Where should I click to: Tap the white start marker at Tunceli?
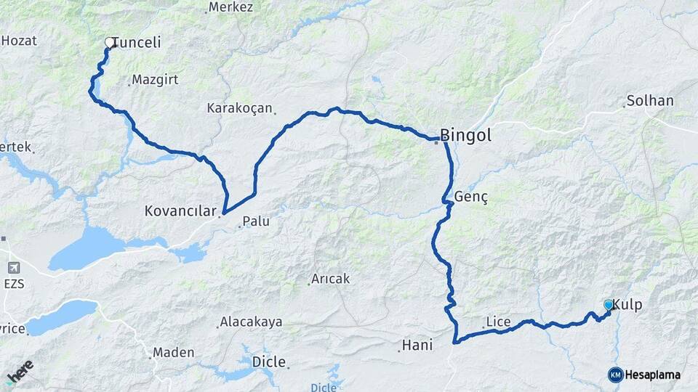(111, 43)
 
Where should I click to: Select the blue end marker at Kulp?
(609, 306)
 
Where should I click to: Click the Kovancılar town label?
(181, 212)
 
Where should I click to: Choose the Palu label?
(255, 221)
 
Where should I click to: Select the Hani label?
(420, 346)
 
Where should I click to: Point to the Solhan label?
(649, 100)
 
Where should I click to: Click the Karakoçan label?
(240, 108)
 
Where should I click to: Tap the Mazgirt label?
(156, 80)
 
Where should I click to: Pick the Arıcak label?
(331, 279)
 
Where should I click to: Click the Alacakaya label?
(251, 322)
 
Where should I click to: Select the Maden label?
(174, 353)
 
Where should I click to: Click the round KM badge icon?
(615, 375)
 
